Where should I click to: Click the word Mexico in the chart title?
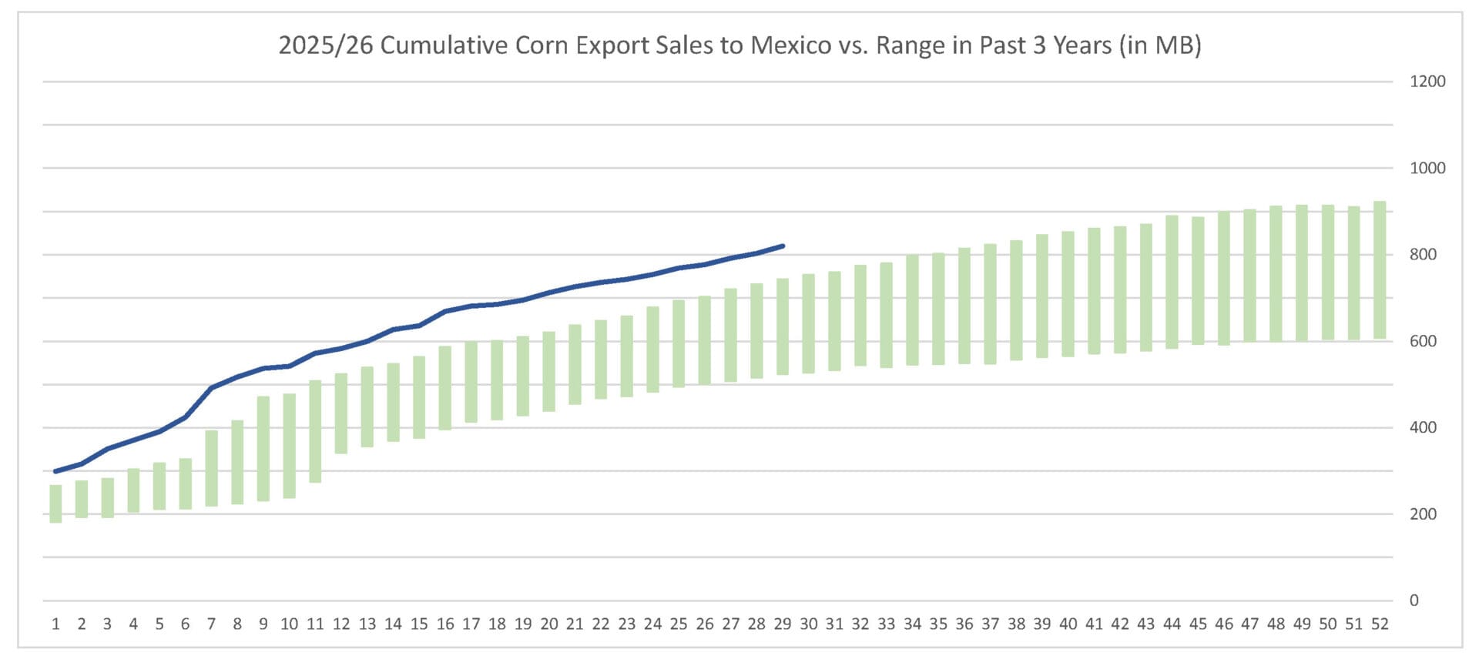pyautogui.click(x=790, y=45)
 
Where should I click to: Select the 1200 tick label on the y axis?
pyautogui.click(x=1427, y=82)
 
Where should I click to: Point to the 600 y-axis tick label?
pyautogui.click(x=1423, y=341)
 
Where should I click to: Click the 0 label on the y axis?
pyautogui.click(x=1414, y=600)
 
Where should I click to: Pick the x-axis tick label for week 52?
pyautogui.click(x=1380, y=624)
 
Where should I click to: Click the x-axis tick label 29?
pyautogui.click(x=783, y=624)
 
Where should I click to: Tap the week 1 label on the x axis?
pyautogui.click(x=55, y=624)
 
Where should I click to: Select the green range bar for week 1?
pyautogui.click(x=55, y=504)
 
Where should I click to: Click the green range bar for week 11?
pyautogui.click(x=315, y=431)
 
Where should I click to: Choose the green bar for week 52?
pyautogui.click(x=1380, y=270)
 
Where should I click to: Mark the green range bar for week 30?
pyautogui.click(x=809, y=323)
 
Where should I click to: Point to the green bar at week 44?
pyautogui.click(x=1172, y=282)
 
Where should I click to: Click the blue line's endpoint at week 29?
pyautogui.click(x=783, y=246)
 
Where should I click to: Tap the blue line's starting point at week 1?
pyautogui.click(x=55, y=471)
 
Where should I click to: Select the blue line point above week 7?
pyautogui.click(x=211, y=387)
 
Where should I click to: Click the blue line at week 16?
pyautogui.click(x=445, y=312)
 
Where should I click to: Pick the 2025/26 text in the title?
pyautogui.click(x=325, y=45)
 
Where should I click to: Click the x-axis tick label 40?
pyautogui.click(x=1068, y=624)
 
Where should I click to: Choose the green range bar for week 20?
pyautogui.click(x=549, y=372)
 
